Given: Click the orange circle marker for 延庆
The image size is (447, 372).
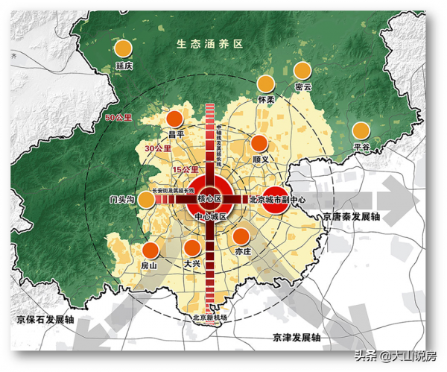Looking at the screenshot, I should click(x=124, y=49).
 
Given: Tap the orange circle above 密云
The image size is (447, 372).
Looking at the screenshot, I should click(x=302, y=71).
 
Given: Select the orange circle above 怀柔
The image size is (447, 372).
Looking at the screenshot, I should click(x=266, y=83).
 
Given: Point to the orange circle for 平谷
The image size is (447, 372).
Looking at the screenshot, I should click(x=361, y=130).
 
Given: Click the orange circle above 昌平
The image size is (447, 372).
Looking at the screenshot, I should click(x=175, y=119).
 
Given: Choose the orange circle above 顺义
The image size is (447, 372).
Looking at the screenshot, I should click(x=260, y=143).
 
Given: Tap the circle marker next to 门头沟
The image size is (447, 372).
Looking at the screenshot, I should click(x=148, y=200).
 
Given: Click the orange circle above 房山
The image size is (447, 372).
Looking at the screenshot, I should click(x=150, y=250).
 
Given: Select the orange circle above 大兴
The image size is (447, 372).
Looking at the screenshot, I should click(x=192, y=248).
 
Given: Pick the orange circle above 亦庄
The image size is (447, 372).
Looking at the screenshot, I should click(x=241, y=236).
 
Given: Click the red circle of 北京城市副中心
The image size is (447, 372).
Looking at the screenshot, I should click(x=276, y=200).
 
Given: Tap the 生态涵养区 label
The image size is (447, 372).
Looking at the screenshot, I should click(x=210, y=44).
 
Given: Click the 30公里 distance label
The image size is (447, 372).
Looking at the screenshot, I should click(x=158, y=148).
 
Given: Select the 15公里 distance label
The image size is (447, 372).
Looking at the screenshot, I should click(x=185, y=171).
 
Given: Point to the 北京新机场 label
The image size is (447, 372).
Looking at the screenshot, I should click(x=209, y=317).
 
